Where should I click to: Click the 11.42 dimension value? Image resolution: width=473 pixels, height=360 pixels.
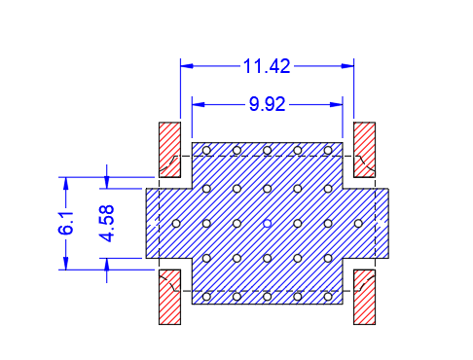(267, 66)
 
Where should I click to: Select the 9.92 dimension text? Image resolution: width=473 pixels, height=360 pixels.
(267, 104)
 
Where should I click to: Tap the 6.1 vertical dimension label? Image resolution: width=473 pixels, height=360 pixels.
(66, 224)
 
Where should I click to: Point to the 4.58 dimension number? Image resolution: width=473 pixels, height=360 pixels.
(107, 224)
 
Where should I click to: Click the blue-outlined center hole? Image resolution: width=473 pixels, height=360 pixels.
(267, 224)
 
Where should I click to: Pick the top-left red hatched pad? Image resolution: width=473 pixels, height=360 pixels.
(169, 150)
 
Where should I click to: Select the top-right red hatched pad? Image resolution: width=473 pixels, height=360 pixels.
(364, 150)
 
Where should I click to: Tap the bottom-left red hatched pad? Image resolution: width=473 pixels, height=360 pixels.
(169, 297)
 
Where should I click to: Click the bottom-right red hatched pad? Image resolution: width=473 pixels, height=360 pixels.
(364, 297)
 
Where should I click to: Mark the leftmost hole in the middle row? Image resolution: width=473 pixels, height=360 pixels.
(176, 224)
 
